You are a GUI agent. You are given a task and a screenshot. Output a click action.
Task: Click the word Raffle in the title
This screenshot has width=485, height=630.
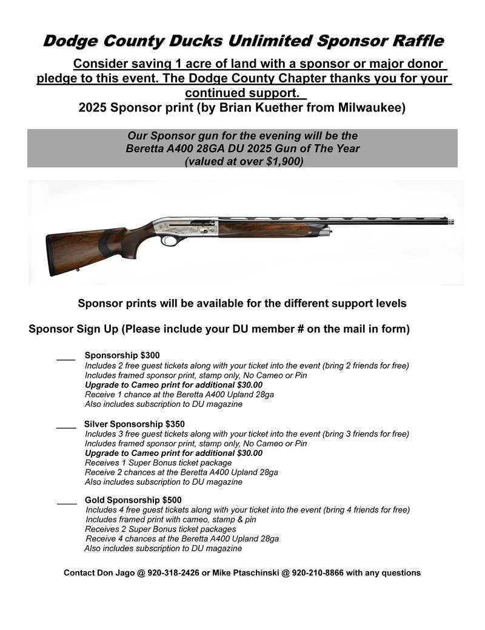click(x=412, y=41)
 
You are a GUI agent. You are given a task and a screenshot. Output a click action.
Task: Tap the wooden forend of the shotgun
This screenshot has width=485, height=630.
click(x=273, y=229)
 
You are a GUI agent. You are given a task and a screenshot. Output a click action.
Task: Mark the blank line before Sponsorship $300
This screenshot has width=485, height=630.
click(x=65, y=360)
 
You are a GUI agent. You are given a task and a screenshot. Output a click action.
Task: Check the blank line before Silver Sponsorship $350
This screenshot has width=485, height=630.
click(x=65, y=428)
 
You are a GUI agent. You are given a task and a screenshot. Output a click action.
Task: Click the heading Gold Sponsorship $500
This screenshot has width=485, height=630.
click(x=133, y=500)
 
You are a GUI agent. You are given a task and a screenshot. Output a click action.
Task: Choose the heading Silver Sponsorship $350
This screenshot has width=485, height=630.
click(x=135, y=424)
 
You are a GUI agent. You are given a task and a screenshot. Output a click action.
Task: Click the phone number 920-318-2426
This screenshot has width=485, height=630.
click(x=175, y=572)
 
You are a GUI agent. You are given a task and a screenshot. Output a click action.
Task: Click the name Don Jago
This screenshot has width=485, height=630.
click(x=117, y=572)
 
